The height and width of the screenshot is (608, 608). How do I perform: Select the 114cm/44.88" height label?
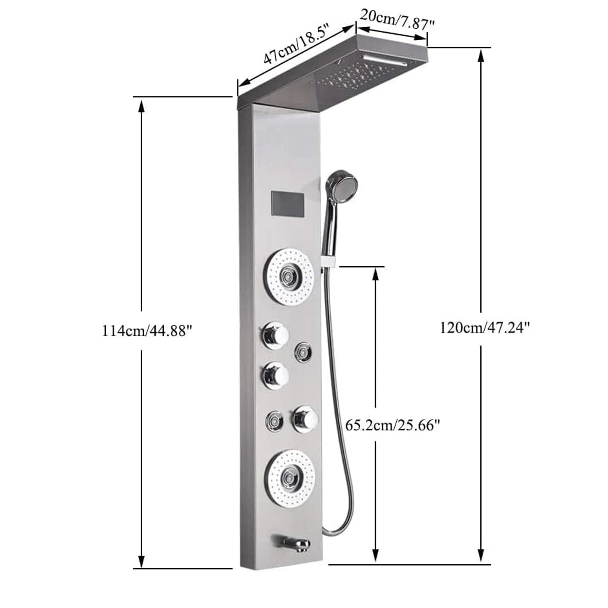point(146,331)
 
